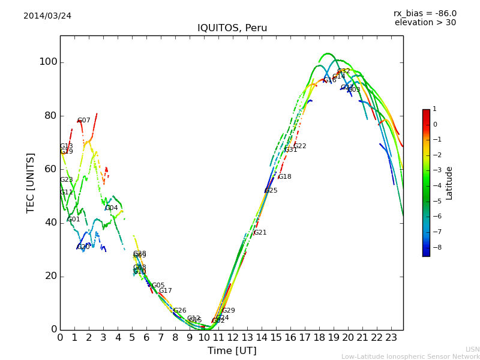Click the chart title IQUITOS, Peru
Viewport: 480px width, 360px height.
click(x=232, y=28)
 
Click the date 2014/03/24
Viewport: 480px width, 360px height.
click(x=47, y=16)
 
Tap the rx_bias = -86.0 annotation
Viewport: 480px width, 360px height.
click(x=425, y=13)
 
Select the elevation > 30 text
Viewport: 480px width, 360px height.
click(x=425, y=23)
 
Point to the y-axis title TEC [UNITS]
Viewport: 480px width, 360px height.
click(x=31, y=182)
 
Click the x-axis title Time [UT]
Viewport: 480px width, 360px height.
click(x=232, y=350)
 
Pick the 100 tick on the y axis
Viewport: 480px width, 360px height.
click(x=48, y=62)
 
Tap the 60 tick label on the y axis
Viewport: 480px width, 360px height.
click(x=50, y=169)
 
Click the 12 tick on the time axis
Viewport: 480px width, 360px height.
click(x=233, y=338)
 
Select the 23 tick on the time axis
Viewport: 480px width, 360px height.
click(x=391, y=338)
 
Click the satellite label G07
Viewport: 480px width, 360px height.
click(x=84, y=121)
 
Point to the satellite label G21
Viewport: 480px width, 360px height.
click(x=260, y=233)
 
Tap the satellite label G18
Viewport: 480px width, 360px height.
click(x=284, y=177)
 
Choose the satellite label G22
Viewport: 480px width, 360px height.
click(x=299, y=146)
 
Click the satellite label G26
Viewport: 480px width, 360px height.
click(x=179, y=311)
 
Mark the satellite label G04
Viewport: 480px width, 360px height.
click(x=112, y=208)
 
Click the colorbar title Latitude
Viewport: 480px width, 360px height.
click(x=449, y=183)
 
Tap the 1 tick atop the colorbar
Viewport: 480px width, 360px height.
click(x=434, y=109)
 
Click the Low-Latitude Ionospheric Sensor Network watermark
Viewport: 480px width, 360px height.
click(x=410, y=356)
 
